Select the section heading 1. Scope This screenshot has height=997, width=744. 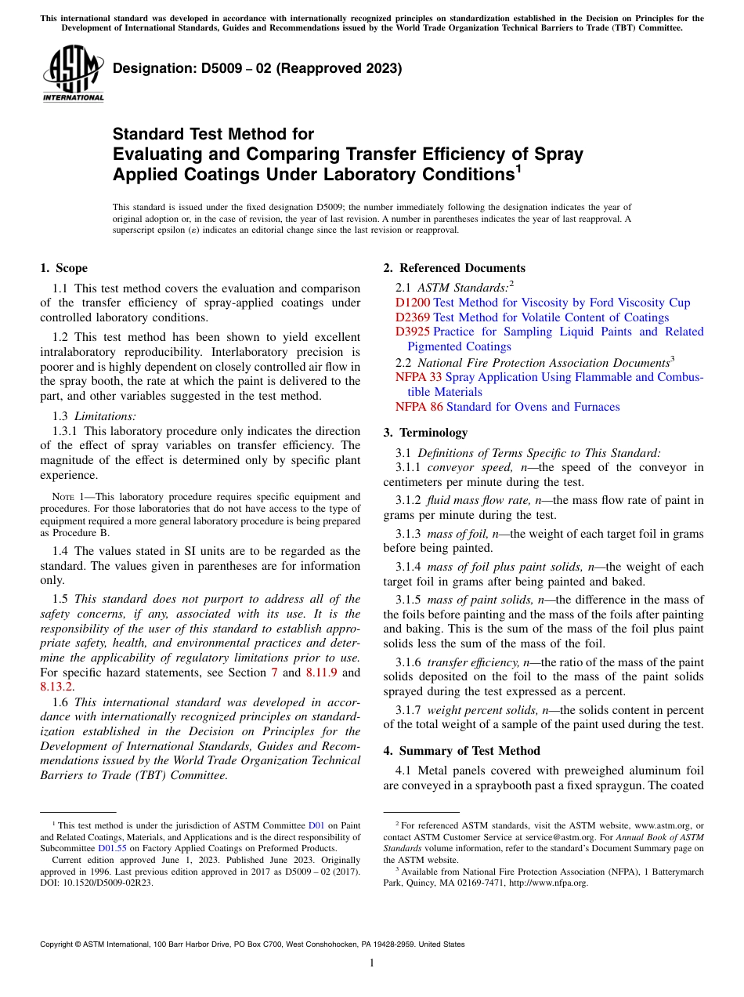64,268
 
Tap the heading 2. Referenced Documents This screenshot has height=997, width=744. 454,268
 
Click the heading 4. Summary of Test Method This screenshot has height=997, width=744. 461,751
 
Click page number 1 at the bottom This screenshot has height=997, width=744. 372,963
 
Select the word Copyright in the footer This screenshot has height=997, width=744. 59,944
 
